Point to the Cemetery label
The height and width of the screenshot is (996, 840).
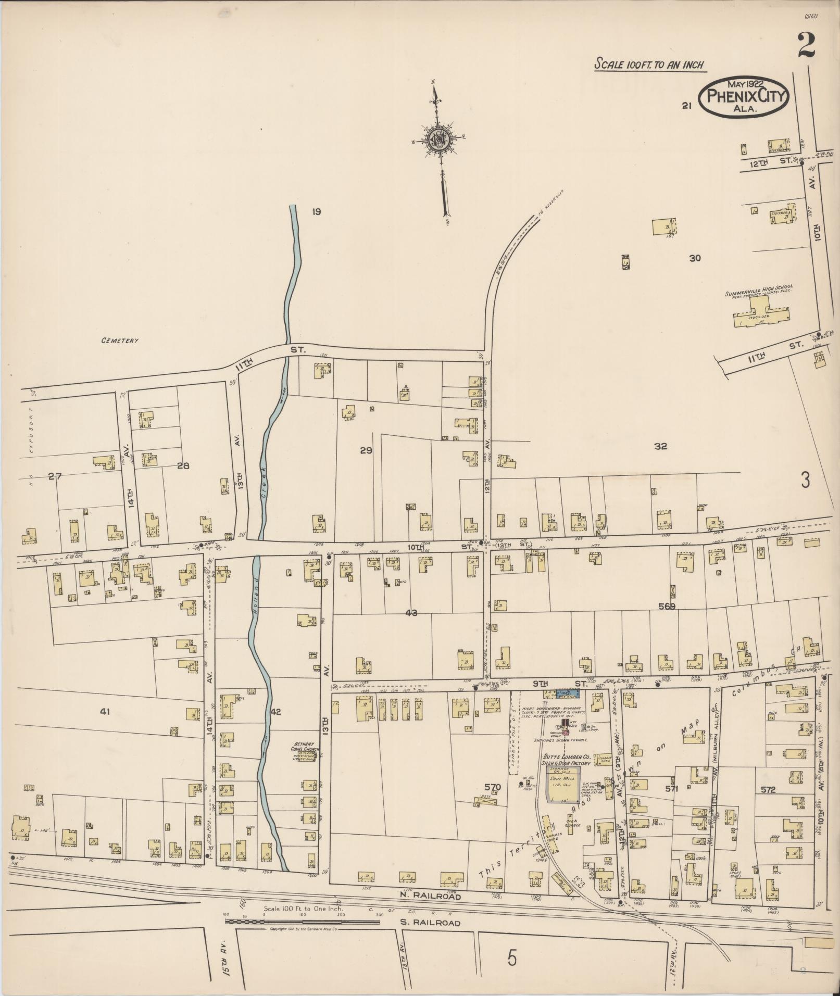tap(120, 341)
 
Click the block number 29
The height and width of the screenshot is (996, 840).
tap(366, 450)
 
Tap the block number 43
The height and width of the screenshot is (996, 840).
tap(411, 613)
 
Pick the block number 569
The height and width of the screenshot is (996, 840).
tap(666, 607)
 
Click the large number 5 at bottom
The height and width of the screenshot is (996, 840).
tap(512, 958)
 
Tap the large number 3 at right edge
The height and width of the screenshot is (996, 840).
tap(805, 481)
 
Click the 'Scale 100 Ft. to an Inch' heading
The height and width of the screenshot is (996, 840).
tap(649, 65)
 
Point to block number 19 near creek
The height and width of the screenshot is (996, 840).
tap(316, 211)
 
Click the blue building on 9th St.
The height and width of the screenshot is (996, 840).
tap(563, 694)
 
